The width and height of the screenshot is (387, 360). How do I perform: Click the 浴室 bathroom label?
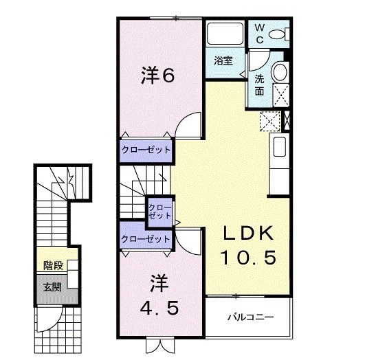[223, 60]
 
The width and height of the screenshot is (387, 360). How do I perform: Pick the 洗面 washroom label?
[261, 84]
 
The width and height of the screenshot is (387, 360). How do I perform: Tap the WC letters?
[260, 33]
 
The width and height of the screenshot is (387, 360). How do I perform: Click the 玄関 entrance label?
[52, 286]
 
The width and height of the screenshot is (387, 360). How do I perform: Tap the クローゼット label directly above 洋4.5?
[146, 238]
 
